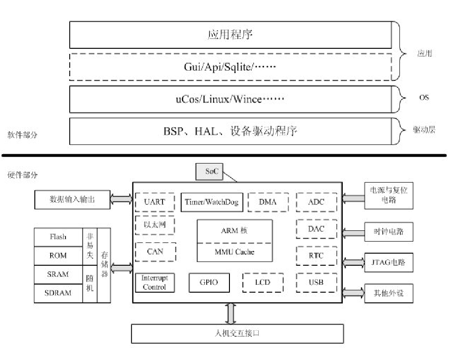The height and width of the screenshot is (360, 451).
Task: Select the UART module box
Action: click(154, 202)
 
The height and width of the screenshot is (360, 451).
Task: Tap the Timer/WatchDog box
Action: click(211, 202)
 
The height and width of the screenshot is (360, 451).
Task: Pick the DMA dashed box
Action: click(268, 202)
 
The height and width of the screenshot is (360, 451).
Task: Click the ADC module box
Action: click(316, 202)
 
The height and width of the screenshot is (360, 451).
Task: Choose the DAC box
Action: click(316, 229)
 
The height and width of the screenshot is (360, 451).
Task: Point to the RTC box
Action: click(316, 255)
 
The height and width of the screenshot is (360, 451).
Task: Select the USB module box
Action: click(316, 282)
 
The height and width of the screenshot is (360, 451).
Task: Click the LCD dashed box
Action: click(263, 282)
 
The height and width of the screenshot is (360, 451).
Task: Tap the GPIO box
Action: click(209, 282)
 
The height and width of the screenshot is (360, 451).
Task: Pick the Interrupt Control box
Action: click(155, 282)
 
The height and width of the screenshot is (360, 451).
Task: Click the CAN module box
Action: click(155, 252)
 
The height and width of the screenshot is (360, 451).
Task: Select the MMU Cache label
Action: click(235, 252)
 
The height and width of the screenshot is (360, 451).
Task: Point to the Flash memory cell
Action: click(58, 237)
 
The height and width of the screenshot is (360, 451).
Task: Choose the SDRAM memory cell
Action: click(58, 293)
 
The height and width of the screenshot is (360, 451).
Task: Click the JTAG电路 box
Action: click(389, 262)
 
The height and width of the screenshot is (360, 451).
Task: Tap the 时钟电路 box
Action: click(389, 231)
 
